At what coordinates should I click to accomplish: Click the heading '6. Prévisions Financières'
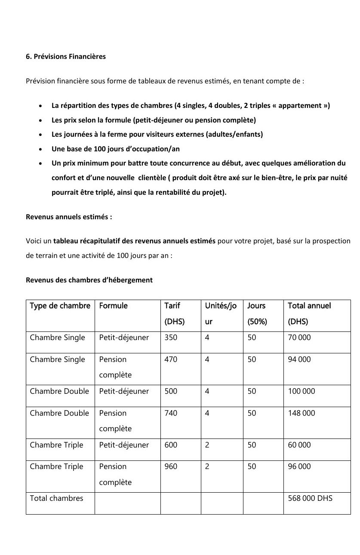tap(66, 57)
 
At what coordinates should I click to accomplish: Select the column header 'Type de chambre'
tap(60, 306)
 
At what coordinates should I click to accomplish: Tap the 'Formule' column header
tap(113, 306)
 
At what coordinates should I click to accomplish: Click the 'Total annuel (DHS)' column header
tap(309, 313)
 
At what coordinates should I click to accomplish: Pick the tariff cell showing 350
tap(171, 337)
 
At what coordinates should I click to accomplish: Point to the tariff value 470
tap(171, 359)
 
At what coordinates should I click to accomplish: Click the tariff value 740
tap(171, 413)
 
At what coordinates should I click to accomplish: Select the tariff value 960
tap(171, 466)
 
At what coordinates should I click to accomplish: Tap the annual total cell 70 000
tap(299, 337)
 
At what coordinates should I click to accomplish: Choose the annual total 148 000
tap(302, 413)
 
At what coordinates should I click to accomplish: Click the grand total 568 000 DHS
tap(310, 498)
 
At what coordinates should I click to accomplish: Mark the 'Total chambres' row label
tap(56, 498)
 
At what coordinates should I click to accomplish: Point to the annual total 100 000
tap(302, 391)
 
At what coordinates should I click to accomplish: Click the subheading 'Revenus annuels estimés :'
tap(69, 217)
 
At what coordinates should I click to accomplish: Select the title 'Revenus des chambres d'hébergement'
tap(89, 280)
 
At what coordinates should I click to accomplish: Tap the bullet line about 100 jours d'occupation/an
tap(115, 149)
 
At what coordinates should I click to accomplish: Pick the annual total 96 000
tap(299, 466)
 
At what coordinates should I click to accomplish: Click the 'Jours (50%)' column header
tap(257, 313)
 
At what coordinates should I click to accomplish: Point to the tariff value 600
tap(171, 445)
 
